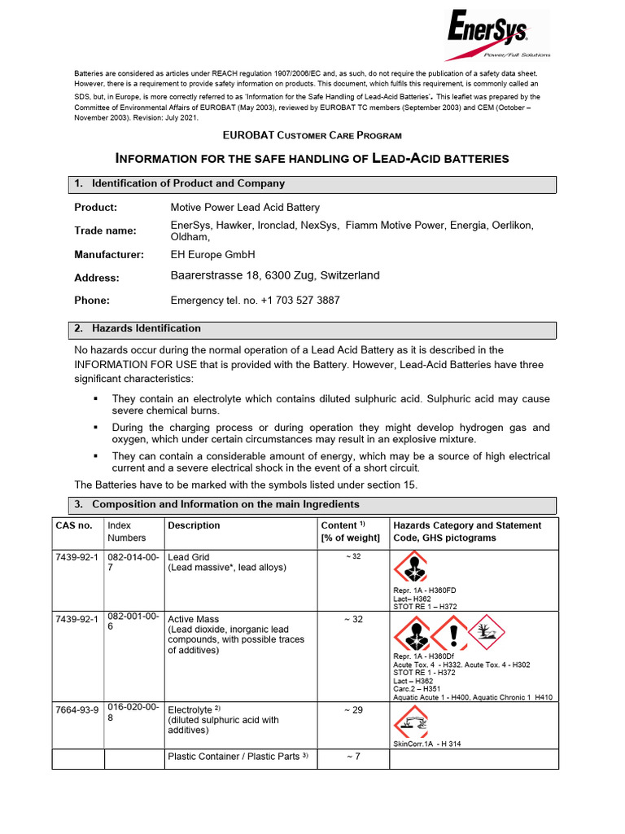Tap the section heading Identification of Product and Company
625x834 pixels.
click(189, 184)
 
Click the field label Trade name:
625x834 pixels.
click(106, 231)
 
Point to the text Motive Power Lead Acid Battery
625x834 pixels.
click(245, 208)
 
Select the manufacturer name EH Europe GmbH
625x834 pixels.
click(212, 255)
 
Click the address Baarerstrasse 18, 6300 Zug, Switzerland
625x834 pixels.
click(275, 276)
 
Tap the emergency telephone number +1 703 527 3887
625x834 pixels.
click(300, 301)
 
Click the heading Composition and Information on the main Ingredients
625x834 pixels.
click(225, 505)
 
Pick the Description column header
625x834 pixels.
click(194, 526)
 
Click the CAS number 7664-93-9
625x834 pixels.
click(77, 709)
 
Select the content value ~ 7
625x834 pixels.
click(352, 757)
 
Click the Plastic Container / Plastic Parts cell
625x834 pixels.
click(238, 757)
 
